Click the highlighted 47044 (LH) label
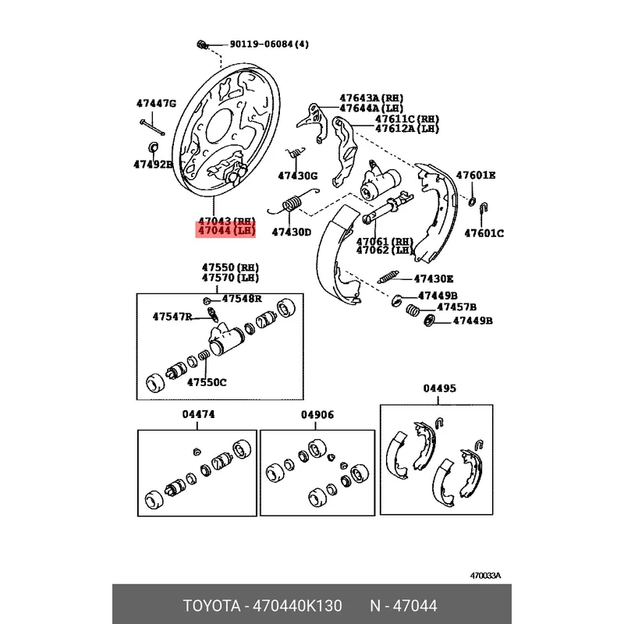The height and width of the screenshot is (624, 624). (226, 231)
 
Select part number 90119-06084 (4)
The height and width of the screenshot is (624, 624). (269, 44)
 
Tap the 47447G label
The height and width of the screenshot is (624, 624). (156, 104)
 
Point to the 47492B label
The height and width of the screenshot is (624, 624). (153, 164)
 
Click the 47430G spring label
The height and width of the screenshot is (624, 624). (297, 175)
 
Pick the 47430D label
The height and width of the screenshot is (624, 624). (291, 232)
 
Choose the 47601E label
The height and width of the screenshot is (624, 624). (476, 175)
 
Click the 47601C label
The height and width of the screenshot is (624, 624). (484, 233)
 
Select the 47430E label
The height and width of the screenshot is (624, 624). (434, 278)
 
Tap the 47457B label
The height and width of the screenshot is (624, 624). (456, 307)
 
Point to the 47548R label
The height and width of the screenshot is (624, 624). (242, 299)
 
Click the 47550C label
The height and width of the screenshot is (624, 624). (207, 382)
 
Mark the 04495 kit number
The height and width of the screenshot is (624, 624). (439, 388)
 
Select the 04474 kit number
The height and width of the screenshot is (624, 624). (198, 414)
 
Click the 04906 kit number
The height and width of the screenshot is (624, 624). (317, 415)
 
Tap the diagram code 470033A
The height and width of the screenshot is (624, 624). (485, 576)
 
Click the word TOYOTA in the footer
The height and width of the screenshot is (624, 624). (211, 606)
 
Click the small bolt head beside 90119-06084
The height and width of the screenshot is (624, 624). (203, 44)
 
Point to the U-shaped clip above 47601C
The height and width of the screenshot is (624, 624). (484, 208)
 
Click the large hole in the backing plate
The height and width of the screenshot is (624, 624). (219, 126)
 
